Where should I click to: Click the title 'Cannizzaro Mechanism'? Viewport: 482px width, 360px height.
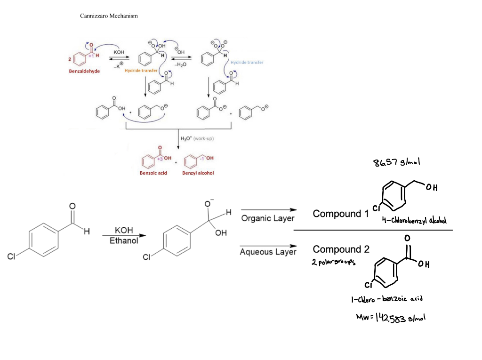[109, 16]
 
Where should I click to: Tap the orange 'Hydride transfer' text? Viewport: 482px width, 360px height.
[141, 70]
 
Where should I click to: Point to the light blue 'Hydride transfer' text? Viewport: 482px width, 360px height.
[247, 62]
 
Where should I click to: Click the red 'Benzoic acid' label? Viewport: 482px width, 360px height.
[153, 173]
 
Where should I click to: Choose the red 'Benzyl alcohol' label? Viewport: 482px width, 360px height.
[198, 173]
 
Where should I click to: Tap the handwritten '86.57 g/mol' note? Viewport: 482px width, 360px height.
[396, 162]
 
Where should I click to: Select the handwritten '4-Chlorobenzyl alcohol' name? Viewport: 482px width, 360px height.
[414, 221]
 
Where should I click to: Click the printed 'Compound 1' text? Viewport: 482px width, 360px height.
[341, 214]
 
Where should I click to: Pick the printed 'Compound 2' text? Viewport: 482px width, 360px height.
[341, 249]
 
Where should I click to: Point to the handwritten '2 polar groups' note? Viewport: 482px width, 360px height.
[333, 262]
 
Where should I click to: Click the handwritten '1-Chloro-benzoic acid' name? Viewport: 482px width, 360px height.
[387, 299]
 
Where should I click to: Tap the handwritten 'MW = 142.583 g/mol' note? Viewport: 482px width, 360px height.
[391, 318]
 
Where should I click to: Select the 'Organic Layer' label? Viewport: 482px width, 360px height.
[268, 218]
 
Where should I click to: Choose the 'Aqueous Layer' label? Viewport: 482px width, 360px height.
[268, 252]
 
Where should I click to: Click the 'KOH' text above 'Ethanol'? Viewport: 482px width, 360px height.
[124, 231]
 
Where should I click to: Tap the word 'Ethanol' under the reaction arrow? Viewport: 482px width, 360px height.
[124, 241]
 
